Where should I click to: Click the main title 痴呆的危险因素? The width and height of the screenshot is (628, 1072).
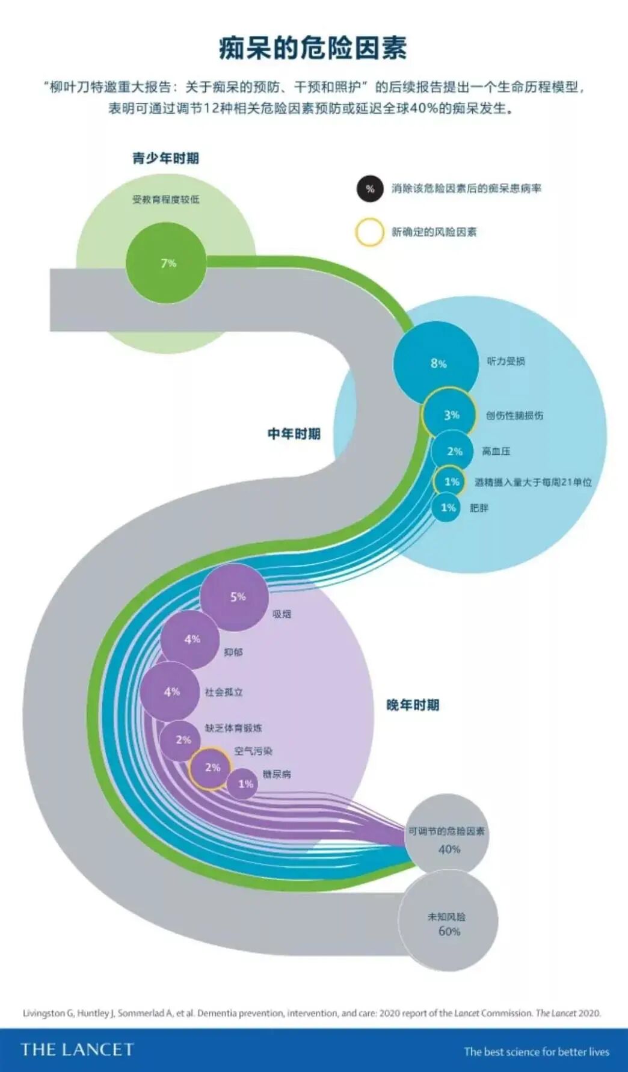pos(313,48)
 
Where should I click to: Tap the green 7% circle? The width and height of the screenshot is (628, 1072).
pos(168,263)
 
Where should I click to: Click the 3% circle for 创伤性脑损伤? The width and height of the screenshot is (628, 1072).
pos(450,414)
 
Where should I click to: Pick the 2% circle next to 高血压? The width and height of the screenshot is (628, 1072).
pos(453,451)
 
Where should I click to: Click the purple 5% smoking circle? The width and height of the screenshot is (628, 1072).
pos(235,597)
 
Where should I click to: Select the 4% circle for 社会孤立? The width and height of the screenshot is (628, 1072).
pos(171,692)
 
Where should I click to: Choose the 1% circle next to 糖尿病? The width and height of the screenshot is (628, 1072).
pos(243,784)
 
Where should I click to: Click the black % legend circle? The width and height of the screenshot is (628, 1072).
pos(369,188)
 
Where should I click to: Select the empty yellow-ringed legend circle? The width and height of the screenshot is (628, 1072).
pos(369,232)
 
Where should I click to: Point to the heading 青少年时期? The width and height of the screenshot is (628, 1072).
pos(165,158)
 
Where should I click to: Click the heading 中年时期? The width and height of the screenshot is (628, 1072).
pos(294,434)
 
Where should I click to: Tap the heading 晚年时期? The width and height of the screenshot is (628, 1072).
pos(413,704)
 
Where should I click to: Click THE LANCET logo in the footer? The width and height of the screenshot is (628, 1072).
pos(77,1050)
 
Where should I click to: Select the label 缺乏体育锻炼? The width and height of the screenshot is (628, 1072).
pos(233,728)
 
